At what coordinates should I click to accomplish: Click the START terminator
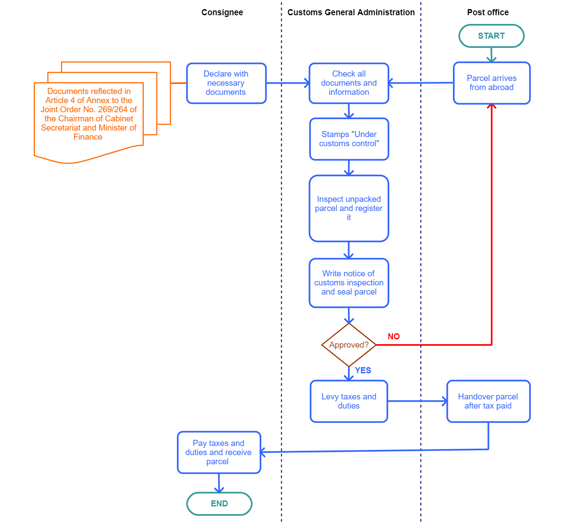491,36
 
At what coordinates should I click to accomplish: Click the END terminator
219,503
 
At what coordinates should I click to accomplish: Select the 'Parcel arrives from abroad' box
491,83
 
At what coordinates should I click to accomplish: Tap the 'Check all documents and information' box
348,83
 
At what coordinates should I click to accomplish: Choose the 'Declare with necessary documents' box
226,83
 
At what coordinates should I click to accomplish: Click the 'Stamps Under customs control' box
349,139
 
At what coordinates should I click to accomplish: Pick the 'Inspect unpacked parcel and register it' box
348,208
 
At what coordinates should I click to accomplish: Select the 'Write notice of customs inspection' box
348,283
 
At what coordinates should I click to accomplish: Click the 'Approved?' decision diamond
348,345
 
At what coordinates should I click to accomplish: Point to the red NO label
394,336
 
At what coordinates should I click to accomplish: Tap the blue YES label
363,370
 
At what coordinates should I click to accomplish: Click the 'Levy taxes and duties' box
348,401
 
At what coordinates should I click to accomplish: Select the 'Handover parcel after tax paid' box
488,401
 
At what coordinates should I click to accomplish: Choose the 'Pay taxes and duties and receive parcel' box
219,452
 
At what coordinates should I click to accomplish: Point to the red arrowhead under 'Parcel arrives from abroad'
492,107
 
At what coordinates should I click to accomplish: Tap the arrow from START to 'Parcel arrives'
491,55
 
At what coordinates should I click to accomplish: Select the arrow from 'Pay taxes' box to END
219,483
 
